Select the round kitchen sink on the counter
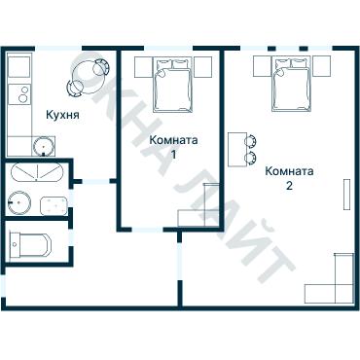point(42,147)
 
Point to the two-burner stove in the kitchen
point(17,96)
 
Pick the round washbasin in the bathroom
point(18,204)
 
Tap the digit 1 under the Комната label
point(173,155)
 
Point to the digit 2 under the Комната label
point(289,184)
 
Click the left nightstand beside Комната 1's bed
point(141,69)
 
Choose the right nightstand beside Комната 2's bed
point(327,67)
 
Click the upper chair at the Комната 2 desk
point(252,139)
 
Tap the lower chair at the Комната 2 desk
point(252,157)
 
